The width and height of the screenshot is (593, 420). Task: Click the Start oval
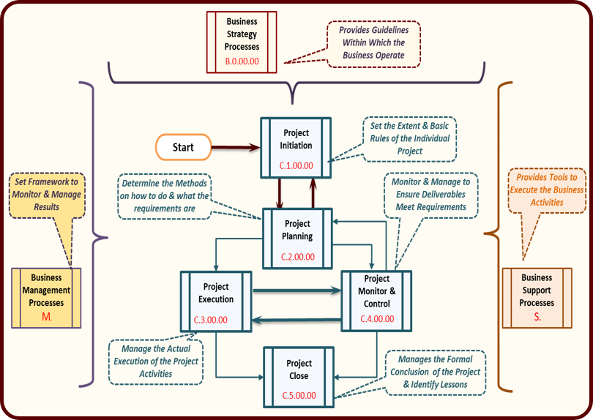coord(183,147)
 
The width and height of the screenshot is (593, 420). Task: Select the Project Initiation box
coord(296,146)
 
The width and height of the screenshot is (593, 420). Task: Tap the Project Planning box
coord(296,236)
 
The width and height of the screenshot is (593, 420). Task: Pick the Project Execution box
coord(216,299)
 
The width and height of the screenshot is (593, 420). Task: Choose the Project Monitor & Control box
coord(376,299)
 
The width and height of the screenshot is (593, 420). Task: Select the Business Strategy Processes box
coord(242,42)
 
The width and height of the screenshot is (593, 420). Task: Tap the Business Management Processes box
coord(46,297)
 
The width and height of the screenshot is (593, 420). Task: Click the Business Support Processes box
coord(537,297)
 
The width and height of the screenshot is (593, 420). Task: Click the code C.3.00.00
coord(210,320)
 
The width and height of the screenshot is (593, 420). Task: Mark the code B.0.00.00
coord(242,62)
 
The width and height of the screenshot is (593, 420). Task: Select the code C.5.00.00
coord(299,396)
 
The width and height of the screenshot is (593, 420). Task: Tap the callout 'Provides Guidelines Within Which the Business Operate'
coord(373,43)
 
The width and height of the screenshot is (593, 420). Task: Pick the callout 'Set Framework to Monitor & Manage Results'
coord(45,194)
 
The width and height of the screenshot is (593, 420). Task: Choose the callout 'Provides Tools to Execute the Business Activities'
coord(545,190)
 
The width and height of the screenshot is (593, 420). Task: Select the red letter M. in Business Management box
coord(46,316)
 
